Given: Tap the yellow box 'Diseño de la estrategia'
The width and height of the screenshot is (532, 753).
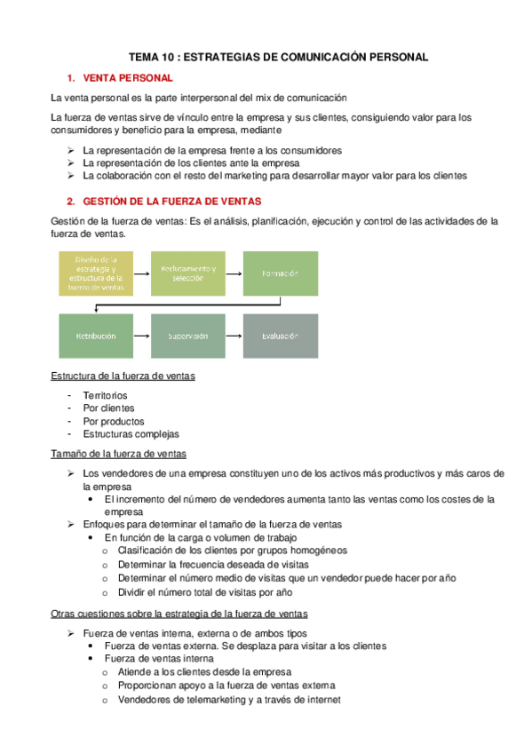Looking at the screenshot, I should (x=95, y=273).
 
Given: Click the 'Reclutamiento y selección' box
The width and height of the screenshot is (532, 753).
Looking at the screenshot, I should (x=188, y=273).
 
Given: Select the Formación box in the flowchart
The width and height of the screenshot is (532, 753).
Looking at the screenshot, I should (x=280, y=273).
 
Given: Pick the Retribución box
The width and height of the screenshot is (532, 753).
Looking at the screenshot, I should (x=95, y=337).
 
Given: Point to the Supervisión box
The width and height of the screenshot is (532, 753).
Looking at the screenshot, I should (x=188, y=337).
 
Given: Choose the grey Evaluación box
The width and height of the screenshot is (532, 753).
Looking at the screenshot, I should (x=280, y=337).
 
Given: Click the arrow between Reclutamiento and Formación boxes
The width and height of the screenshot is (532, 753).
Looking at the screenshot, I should (x=234, y=273).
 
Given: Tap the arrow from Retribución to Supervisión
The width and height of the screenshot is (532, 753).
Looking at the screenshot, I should (x=142, y=337).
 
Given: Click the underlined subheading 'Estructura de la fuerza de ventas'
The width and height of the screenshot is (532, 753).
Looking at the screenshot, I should (x=123, y=376).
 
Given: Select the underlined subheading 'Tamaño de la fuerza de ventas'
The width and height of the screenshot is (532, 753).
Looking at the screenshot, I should (x=118, y=454).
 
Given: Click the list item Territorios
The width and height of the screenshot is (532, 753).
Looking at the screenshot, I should (x=105, y=395).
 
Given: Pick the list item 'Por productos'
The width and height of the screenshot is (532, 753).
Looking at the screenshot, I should (x=113, y=421).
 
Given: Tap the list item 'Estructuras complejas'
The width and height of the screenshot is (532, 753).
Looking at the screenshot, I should (x=131, y=434).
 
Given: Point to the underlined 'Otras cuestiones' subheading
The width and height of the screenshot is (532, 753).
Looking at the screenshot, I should (x=179, y=614).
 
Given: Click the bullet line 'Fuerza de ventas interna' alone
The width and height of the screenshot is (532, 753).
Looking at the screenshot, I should (x=158, y=659).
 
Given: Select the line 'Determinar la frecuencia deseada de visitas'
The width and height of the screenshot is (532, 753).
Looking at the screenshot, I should (x=212, y=565).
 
